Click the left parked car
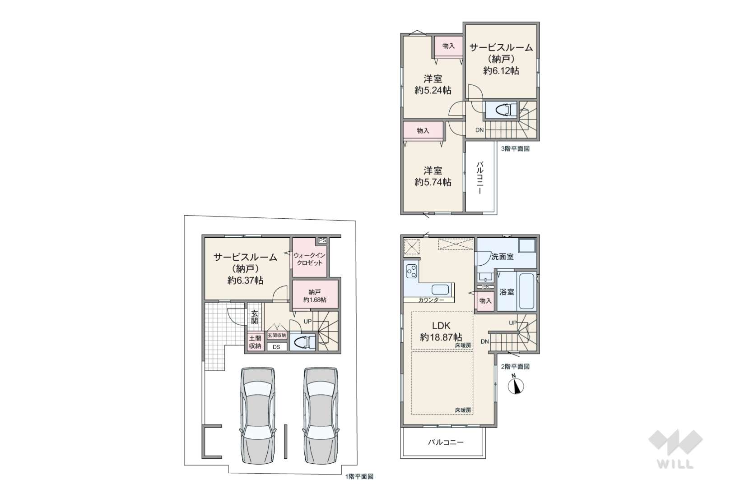click(258, 416)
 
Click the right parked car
click(321, 416)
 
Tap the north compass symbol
click(516, 384)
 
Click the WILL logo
click(675, 449)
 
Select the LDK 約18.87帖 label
click(441, 332)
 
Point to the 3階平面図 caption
click(515, 149)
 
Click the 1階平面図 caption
click(359, 476)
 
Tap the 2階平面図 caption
click(515, 367)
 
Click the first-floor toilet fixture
click(303, 342)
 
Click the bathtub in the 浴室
click(526, 291)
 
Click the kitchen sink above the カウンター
click(440, 290)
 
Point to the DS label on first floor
click(276, 347)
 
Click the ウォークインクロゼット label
click(309, 259)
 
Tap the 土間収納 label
click(255, 342)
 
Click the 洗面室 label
click(502, 257)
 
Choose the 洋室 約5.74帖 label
click(433, 176)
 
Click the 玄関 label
click(254, 317)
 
